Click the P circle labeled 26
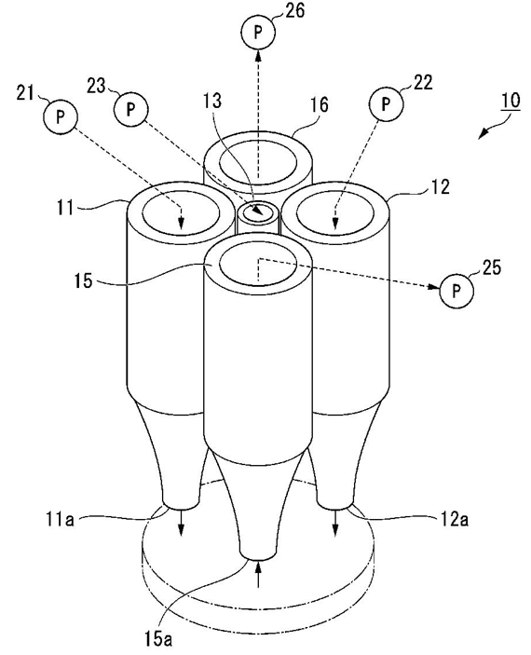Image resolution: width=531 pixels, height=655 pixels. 258,33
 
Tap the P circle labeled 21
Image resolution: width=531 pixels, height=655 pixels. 61,116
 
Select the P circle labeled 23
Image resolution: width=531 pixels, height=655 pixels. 130,109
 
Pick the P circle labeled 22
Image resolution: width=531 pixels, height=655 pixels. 386,103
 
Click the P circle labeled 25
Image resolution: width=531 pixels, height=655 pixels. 456,291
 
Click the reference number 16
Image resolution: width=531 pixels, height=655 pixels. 320,104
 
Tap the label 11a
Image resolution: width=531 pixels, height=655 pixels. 61,521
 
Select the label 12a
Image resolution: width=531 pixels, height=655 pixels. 453,519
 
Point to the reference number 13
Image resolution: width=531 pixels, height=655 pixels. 212,101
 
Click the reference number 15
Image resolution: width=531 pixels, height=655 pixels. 83,280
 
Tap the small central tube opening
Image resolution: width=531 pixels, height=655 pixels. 258,213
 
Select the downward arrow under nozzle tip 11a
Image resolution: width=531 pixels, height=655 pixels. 181,522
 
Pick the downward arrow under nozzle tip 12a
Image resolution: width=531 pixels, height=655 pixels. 335,522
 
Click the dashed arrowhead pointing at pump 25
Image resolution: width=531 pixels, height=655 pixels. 434,287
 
